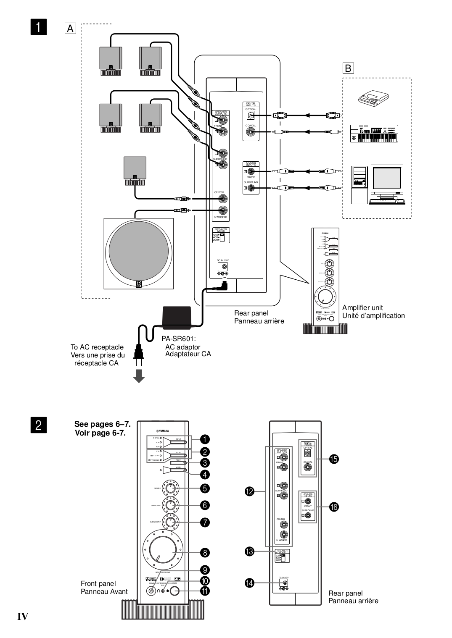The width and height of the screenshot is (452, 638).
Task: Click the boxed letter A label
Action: pos(70,29)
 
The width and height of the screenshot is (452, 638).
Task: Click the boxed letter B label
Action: pos(349,68)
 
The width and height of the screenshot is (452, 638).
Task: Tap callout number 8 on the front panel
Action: pos(205,552)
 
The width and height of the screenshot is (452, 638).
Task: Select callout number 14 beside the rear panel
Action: pos(250,583)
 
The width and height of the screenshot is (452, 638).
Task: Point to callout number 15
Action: pos(333,459)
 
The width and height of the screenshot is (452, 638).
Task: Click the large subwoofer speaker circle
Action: pos(139,253)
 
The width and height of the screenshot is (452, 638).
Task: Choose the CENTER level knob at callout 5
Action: pos(170,488)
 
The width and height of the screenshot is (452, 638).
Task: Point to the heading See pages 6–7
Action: pos(100,424)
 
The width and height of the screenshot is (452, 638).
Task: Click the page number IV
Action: pos(23,616)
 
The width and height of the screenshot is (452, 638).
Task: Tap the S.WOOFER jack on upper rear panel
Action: pos(222,210)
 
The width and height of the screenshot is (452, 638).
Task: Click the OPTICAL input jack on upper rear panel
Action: pos(251,115)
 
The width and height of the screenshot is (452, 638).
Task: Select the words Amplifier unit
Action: pos(362,307)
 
